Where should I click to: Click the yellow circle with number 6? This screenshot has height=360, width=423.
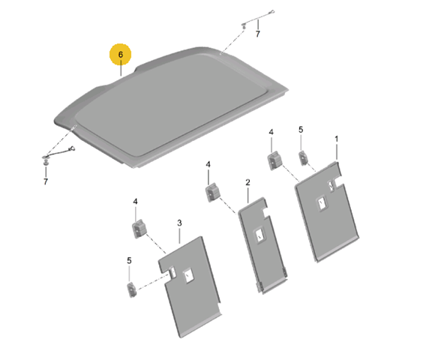[x=120, y=55]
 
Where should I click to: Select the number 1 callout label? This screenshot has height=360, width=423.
[x=337, y=139]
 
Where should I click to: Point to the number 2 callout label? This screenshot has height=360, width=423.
[x=247, y=182]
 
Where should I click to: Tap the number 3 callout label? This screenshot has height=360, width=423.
[x=179, y=223]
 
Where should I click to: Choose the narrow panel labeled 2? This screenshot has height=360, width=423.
[x=262, y=245]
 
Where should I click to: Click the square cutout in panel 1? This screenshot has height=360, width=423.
[x=322, y=204]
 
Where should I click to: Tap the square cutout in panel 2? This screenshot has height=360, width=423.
[x=259, y=236]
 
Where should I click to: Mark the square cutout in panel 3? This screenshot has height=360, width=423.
[x=188, y=276]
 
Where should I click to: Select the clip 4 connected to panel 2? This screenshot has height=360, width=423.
[x=212, y=192]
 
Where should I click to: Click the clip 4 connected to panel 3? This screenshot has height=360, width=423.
[x=139, y=229]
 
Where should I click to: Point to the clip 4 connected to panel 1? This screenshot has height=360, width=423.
[x=275, y=160]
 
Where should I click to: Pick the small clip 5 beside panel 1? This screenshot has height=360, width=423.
[x=304, y=157]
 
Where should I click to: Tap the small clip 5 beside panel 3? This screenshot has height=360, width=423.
[x=132, y=289]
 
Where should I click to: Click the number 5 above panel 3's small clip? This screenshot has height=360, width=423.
[x=129, y=261]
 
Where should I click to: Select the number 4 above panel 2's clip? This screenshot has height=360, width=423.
[x=208, y=164]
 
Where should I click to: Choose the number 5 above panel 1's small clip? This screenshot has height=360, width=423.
[x=301, y=130]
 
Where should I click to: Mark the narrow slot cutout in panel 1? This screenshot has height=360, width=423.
[x=331, y=186]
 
